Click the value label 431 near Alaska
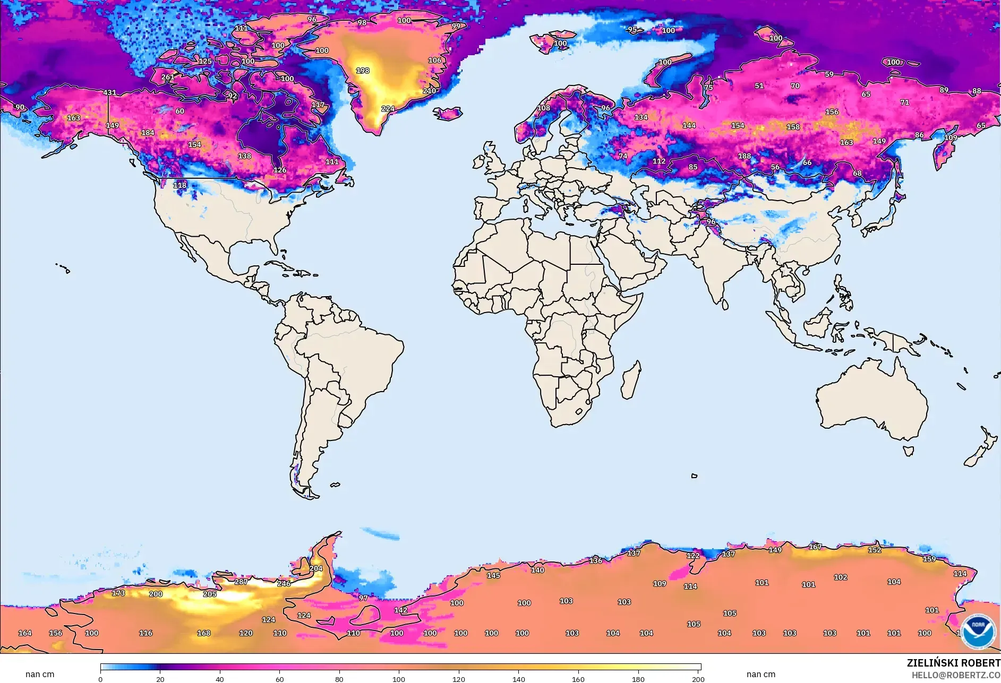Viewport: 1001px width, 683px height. (109, 92)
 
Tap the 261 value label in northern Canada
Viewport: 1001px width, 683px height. (168, 77)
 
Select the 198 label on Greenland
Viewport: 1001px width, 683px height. (363, 71)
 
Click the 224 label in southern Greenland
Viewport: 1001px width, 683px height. (388, 109)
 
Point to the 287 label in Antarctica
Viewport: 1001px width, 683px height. (241, 582)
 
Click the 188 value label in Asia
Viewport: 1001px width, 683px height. (745, 156)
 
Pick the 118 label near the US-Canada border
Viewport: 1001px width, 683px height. (180, 185)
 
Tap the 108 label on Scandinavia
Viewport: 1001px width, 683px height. (544, 108)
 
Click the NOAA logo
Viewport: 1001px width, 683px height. (978, 630)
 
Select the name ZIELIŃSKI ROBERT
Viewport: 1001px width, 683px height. (953, 663)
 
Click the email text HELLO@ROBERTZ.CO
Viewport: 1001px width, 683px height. (956, 675)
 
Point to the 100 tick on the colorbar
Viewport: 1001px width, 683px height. (399, 679)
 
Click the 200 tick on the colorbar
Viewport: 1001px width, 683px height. (698, 679)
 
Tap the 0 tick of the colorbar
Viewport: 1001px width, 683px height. (100, 679)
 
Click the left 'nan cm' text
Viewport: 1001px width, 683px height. (40, 674)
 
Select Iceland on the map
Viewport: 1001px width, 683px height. (448, 113)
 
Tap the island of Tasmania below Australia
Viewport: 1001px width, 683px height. (909, 451)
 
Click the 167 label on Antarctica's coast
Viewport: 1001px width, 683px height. (815, 547)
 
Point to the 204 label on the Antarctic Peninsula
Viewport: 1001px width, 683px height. (316, 568)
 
